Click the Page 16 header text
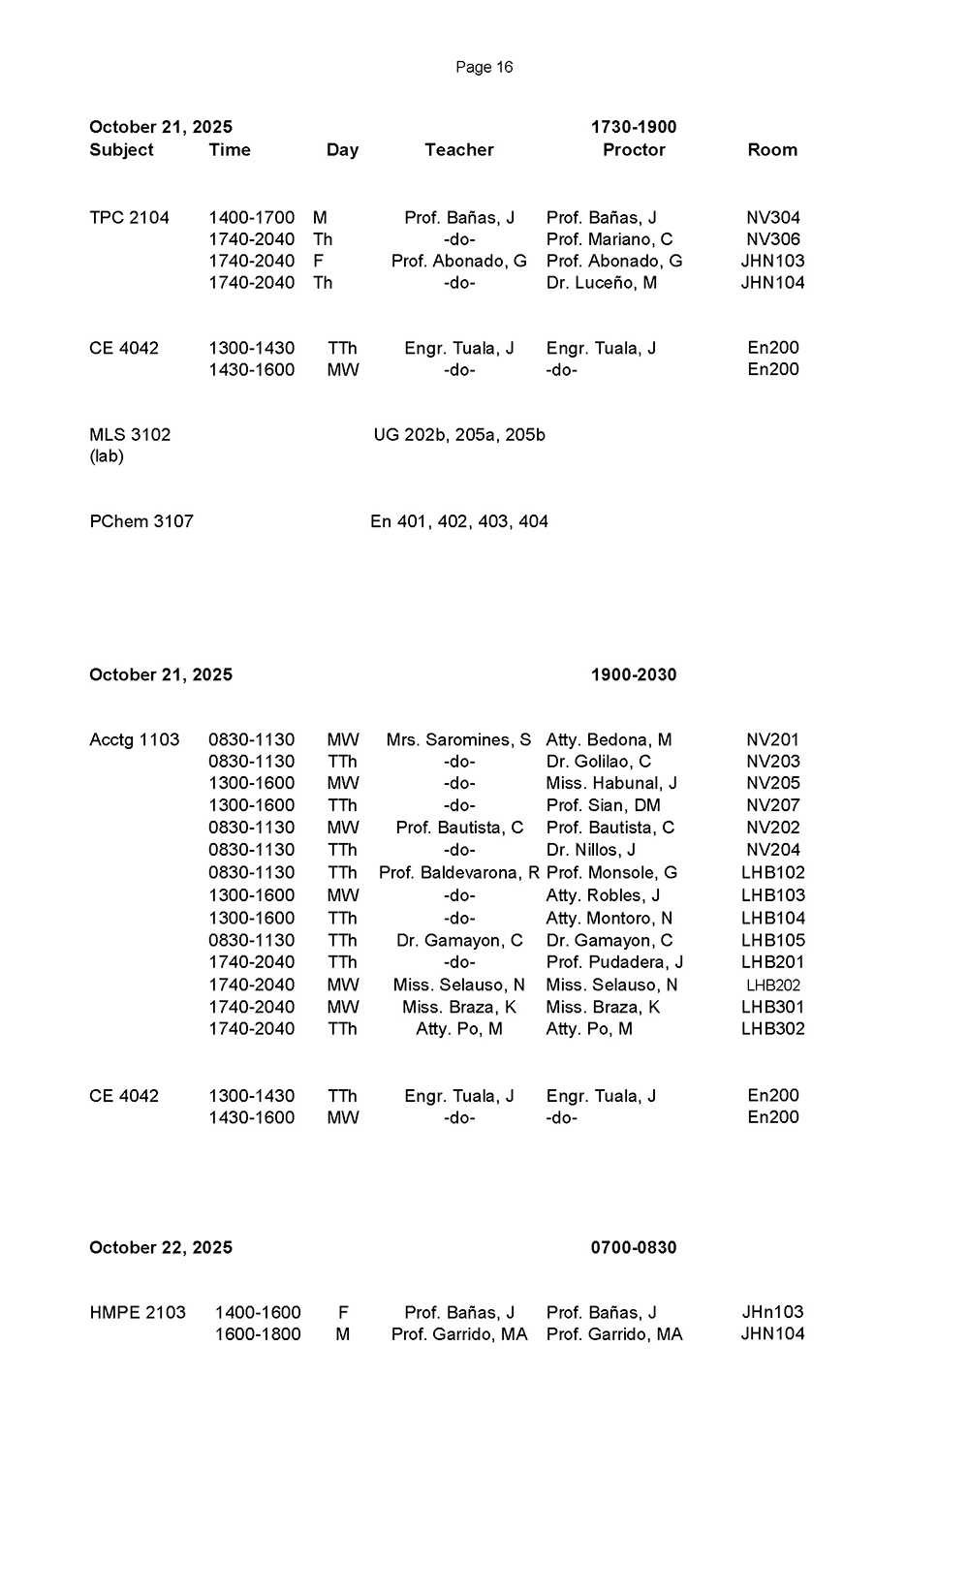coord(484,67)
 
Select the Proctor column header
coord(634,150)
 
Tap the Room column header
coord(772,150)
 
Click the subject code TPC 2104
coord(129,218)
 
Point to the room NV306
coord(772,239)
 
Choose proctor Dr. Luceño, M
coord(601,283)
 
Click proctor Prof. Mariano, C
coord(609,239)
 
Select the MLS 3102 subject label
coord(130,435)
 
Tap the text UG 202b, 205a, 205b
coord(459,435)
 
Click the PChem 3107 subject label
coord(141,521)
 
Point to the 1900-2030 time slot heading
coord(634,675)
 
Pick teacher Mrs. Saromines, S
coord(458,740)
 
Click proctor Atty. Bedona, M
coord(609,740)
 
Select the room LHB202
coord(772,986)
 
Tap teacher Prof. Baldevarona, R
coord(458,873)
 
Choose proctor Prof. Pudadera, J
coord(614,962)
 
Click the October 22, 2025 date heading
coord(161,1248)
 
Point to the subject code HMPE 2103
coord(138,1313)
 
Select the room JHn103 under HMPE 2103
coord(772,1313)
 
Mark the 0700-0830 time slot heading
coord(634,1248)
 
